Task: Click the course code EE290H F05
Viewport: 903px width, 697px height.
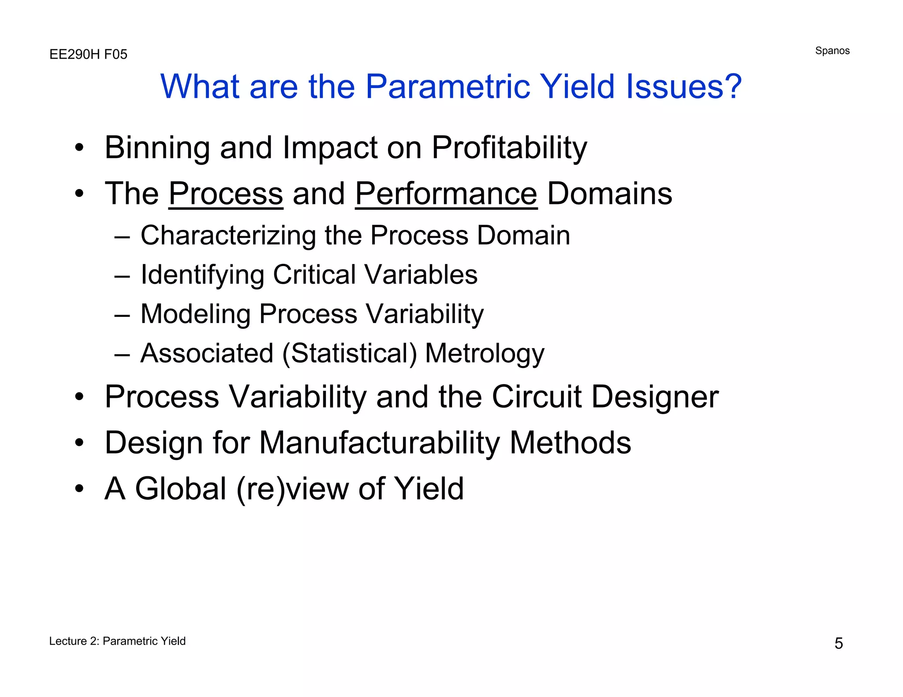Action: (x=88, y=54)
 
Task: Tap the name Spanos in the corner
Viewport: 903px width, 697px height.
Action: (x=832, y=51)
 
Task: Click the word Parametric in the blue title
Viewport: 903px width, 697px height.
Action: (x=447, y=86)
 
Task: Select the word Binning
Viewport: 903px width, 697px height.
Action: (x=157, y=148)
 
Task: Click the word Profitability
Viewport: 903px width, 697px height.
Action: (x=509, y=148)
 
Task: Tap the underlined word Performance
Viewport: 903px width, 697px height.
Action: (x=446, y=194)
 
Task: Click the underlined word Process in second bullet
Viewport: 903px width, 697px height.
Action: (x=226, y=194)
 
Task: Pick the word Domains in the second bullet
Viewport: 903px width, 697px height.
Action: (x=609, y=194)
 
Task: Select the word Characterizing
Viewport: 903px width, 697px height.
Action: (x=228, y=236)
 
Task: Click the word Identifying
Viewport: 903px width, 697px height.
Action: (x=202, y=275)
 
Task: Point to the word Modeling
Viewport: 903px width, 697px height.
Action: (x=195, y=314)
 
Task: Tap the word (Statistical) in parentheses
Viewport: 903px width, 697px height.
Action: (x=349, y=353)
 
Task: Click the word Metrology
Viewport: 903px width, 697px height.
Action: (x=485, y=353)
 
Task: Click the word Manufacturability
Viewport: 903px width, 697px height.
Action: (x=379, y=443)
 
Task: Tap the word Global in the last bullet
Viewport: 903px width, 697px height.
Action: (x=181, y=489)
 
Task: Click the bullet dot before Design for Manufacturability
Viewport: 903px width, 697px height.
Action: (x=79, y=443)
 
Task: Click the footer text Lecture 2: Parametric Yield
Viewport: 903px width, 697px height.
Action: (x=117, y=641)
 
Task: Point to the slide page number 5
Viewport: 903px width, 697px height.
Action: (x=838, y=644)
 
